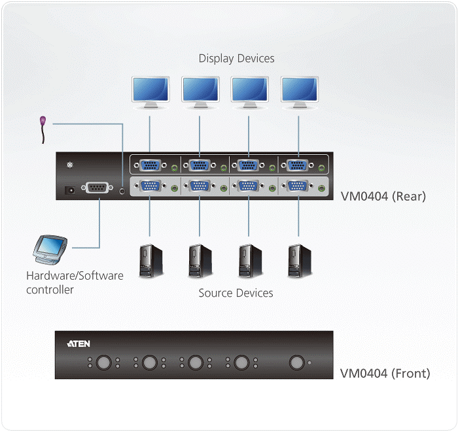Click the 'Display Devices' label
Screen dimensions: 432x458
236,59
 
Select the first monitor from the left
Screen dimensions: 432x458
150,90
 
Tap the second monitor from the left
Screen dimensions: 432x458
200,90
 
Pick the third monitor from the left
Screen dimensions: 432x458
249,90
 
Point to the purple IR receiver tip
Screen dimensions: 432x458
43,122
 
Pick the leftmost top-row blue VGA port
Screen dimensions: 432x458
150,165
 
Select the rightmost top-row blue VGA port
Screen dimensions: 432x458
298,165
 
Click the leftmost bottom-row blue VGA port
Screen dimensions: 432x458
150,186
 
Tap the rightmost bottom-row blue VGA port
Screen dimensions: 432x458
298,186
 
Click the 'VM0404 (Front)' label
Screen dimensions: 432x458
385,373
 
